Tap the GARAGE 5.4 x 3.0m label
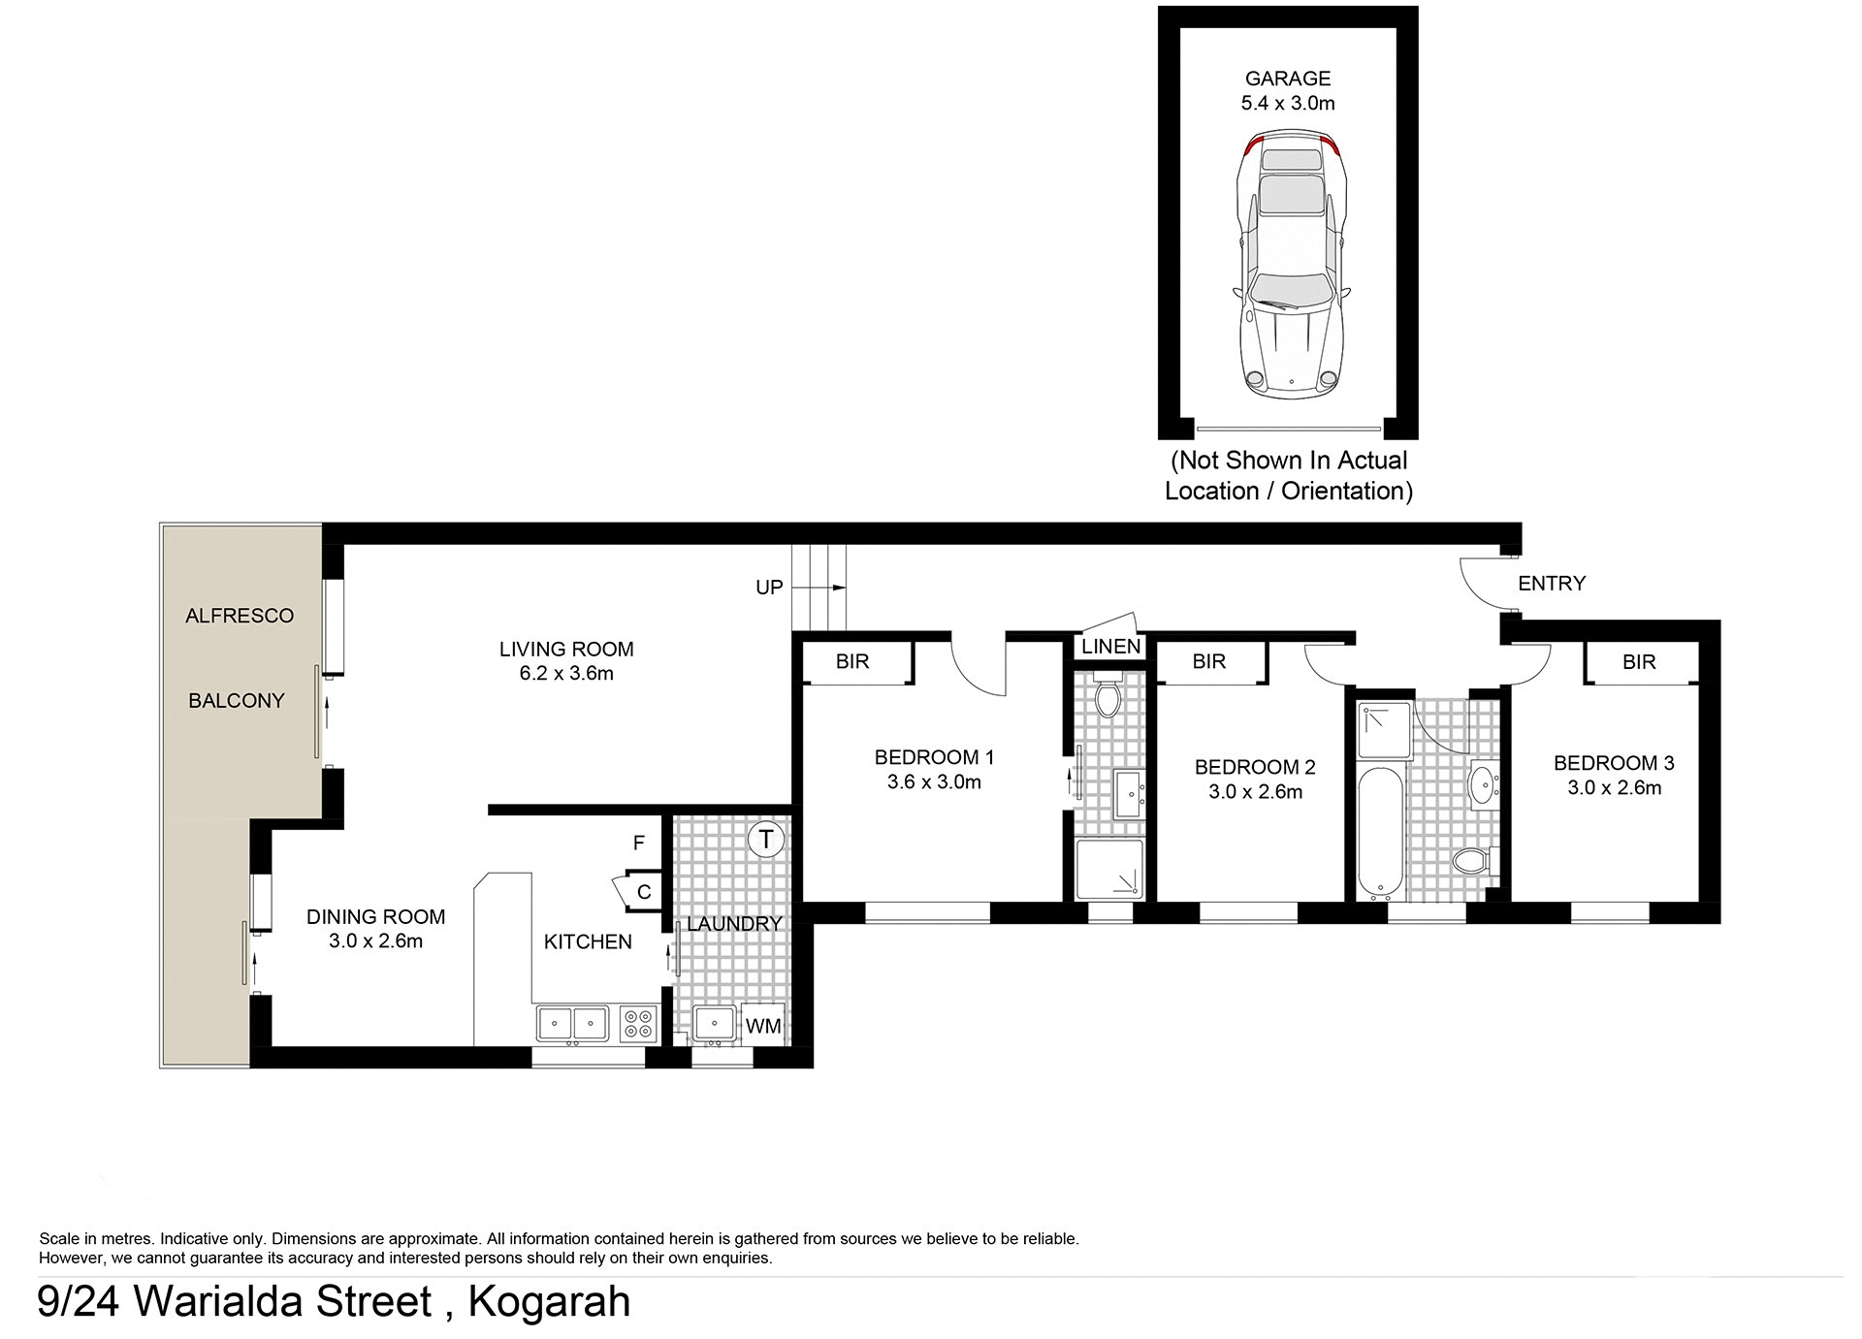pos(1288,90)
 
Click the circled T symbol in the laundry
pos(766,839)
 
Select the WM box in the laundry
pos(763,1025)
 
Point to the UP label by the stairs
pos(769,588)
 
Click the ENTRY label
pos(1551,583)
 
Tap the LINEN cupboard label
pos(1110,647)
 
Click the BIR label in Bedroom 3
pos(1639,662)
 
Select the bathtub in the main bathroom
pos(1377,832)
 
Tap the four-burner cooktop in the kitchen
pos(637,1024)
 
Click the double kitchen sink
pos(572,1024)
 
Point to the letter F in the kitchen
pos(638,844)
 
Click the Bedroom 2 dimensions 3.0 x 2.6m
pos(1255,792)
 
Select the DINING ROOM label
pos(375,916)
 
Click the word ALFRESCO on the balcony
pos(240,616)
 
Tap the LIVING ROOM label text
pos(566,649)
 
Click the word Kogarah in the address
pos(549,1301)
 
